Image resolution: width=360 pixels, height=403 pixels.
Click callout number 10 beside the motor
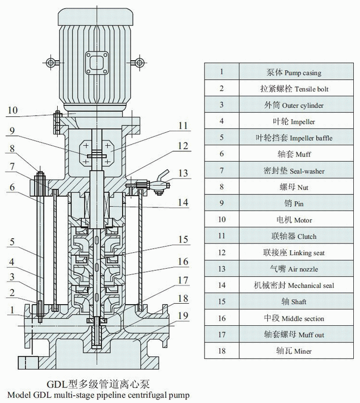12,110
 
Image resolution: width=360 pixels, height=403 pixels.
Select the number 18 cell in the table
221,351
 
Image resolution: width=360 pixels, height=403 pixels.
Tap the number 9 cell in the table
221,204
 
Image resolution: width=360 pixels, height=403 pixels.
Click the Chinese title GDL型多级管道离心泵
100,384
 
